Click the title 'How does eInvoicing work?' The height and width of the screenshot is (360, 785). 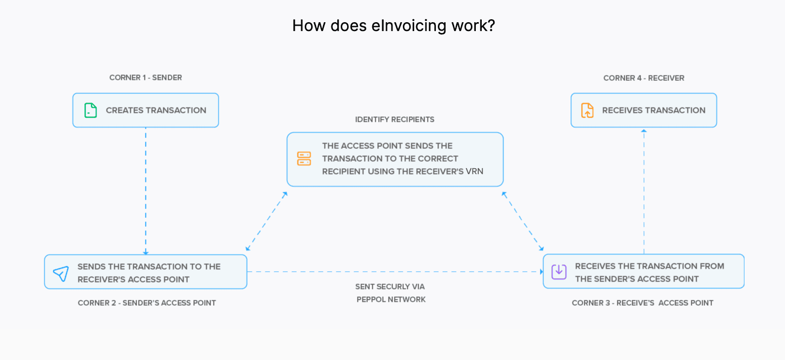[393, 26]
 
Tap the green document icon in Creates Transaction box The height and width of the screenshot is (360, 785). [91, 110]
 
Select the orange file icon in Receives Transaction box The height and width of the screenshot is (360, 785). [587, 110]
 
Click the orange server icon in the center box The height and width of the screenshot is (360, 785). [304, 159]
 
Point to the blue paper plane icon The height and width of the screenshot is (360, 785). [61, 274]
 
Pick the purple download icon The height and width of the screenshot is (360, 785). [559, 271]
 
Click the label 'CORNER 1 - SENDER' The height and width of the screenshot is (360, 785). [145, 77]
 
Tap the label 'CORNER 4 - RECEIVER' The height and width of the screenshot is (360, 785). [643, 78]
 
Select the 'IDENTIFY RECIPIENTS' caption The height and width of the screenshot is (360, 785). [394, 119]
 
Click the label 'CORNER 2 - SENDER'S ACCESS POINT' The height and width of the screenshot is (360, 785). [146, 303]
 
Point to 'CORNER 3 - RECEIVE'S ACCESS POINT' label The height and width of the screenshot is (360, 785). [642, 303]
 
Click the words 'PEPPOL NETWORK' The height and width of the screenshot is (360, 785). [391, 299]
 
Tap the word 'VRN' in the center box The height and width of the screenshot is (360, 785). [474, 171]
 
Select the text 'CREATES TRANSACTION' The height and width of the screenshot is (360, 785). [156, 110]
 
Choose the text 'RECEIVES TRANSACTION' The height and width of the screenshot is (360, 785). [653, 110]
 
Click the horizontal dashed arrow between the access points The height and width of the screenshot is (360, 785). [394, 272]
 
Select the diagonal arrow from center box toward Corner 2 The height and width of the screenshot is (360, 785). [266, 221]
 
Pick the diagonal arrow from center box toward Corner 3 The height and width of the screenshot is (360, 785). [523, 221]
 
